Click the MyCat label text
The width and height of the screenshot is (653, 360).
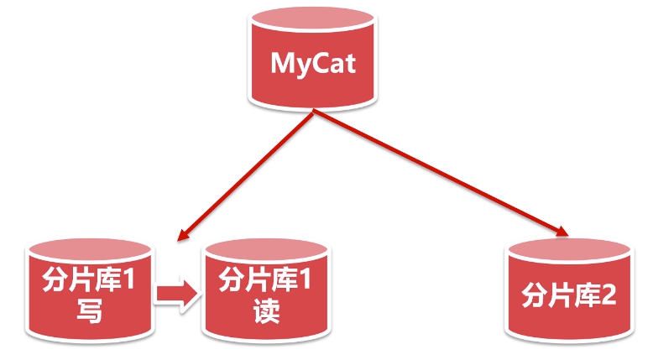(x=313, y=63)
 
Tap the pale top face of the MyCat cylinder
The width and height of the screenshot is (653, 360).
(x=313, y=23)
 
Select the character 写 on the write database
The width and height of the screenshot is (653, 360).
(x=89, y=310)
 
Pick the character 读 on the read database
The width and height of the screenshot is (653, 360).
(x=265, y=310)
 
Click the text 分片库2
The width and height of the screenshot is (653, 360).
(x=569, y=295)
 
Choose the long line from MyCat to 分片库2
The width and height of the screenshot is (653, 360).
(x=436, y=172)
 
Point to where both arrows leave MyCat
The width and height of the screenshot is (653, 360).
(x=314, y=115)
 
